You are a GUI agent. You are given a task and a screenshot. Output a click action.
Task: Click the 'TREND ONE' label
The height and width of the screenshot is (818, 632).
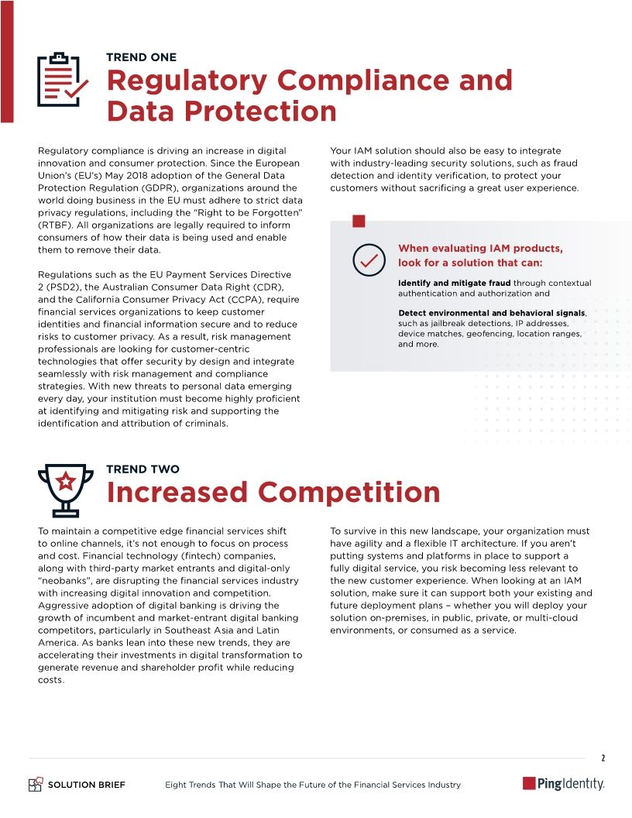click(x=141, y=57)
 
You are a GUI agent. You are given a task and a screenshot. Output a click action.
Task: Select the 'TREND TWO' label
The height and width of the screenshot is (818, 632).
click(x=143, y=469)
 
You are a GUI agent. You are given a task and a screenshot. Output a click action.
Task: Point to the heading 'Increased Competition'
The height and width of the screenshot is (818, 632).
click(x=273, y=492)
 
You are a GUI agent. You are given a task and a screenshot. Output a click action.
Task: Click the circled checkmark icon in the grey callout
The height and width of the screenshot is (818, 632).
click(x=369, y=259)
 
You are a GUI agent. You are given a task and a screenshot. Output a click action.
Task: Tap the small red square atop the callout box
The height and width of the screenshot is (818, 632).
click(x=359, y=222)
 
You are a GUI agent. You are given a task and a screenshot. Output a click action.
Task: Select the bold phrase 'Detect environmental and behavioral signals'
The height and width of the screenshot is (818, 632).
click(x=492, y=313)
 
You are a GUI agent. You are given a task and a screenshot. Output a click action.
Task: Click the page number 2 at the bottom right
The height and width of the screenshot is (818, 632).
click(x=603, y=757)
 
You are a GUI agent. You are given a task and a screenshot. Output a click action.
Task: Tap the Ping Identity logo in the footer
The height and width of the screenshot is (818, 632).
click(x=563, y=784)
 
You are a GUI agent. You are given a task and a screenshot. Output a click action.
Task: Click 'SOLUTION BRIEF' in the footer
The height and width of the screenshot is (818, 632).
click(x=87, y=785)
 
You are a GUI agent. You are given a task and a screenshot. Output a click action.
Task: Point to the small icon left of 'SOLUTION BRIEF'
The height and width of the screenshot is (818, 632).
click(x=35, y=785)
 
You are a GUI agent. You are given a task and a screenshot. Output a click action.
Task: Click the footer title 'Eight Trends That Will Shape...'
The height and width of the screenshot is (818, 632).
click(x=313, y=785)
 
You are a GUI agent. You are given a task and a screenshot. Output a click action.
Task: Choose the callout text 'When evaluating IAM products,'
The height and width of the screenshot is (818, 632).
click(x=480, y=249)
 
